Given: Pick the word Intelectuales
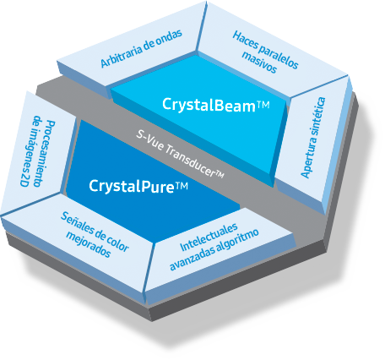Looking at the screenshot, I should pos(207,234).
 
